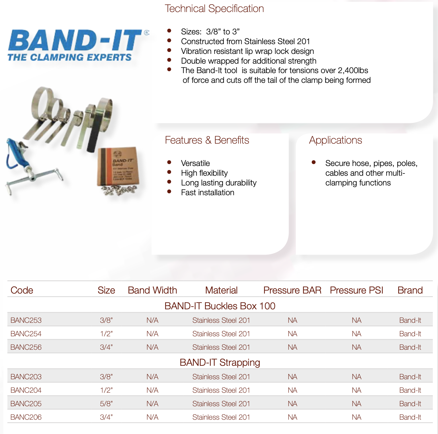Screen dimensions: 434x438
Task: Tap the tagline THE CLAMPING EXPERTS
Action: (x=69, y=57)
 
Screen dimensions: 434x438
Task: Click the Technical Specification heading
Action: (x=214, y=9)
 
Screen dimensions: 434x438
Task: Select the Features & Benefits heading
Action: (x=207, y=140)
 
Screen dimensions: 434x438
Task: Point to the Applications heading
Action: (x=335, y=140)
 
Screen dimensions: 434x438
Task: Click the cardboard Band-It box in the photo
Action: (x=119, y=166)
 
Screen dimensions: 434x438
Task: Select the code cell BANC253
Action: (x=26, y=320)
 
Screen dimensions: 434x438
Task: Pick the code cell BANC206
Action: (x=26, y=417)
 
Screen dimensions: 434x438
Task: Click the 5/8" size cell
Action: (x=106, y=404)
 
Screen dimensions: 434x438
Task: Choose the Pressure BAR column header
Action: (x=292, y=290)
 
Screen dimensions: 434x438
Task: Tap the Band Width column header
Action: (x=152, y=290)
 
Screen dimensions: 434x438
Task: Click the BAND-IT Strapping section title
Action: (x=220, y=362)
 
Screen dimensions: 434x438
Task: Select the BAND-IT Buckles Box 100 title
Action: (x=220, y=306)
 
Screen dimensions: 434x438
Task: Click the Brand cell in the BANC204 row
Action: (x=410, y=390)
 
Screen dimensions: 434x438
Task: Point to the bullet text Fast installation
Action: (x=208, y=192)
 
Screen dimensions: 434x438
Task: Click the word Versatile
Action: (x=195, y=163)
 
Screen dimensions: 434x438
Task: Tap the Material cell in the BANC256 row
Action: (x=221, y=347)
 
